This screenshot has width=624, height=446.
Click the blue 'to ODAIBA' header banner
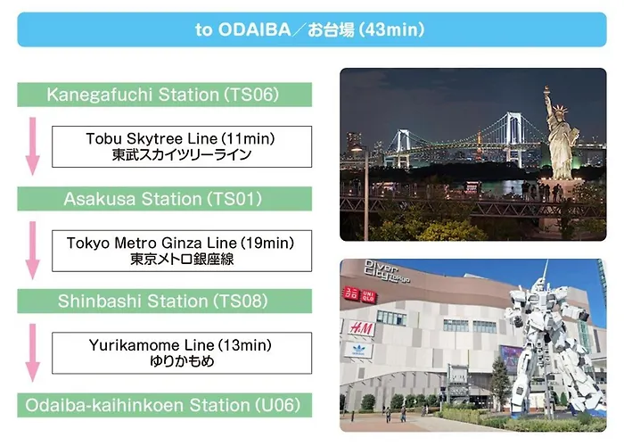click(x=312, y=29)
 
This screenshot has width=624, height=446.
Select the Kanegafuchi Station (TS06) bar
click(x=164, y=95)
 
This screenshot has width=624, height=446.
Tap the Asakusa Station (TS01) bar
click(x=164, y=199)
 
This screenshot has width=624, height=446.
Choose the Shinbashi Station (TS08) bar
click(x=164, y=301)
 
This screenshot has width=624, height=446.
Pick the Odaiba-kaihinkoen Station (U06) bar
click(x=164, y=405)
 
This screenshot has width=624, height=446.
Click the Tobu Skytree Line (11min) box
click(x=182, y=146)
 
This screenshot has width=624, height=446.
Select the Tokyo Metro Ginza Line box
click(x=182, y=251)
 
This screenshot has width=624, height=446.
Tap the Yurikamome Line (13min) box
click(x=182, y=353)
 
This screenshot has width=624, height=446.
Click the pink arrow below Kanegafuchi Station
click(x=33, y=146)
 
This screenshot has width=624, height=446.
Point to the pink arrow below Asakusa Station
click(x=33, y=251)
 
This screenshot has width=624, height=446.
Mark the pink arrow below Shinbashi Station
click(x=33, y=353)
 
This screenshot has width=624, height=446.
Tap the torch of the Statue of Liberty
click(x=547, y=90)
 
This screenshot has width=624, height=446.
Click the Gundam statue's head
click(x=538, y=285)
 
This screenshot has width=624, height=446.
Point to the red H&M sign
click(x=362, y=328)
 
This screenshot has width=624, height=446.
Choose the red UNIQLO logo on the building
click(x=359, y=295)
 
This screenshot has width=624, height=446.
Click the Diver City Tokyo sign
click(x=386, y=271)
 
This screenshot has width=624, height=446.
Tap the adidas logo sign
click(x=358, y=351)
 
